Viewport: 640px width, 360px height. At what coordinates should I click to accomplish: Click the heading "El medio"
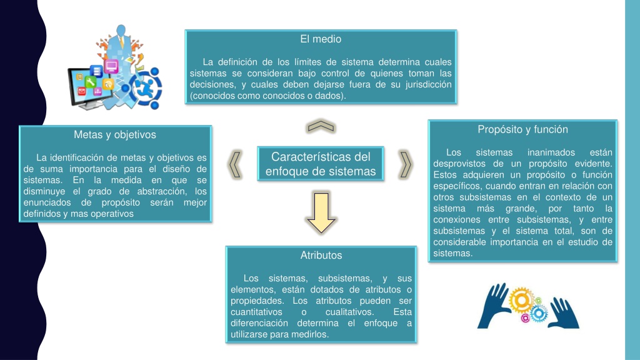pos(321,39)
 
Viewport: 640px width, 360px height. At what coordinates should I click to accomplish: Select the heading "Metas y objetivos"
pos(115,135)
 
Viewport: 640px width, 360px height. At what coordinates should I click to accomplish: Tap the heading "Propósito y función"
pos(522,129)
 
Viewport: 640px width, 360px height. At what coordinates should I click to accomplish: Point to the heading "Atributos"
pos(321,256)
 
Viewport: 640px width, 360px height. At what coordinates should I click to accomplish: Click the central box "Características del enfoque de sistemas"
pos(321,164)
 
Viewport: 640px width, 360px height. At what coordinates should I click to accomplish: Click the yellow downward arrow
pos(321,212)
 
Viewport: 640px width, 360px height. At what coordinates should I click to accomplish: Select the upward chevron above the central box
pos(321,126)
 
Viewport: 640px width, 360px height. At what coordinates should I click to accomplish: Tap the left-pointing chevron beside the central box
pos(235,164)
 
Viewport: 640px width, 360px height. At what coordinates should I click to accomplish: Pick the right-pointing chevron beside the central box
pos(405,164)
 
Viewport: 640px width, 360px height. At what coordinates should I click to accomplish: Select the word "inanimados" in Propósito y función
pos(551,152)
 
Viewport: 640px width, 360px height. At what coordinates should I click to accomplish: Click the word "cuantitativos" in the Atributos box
pos(256,312)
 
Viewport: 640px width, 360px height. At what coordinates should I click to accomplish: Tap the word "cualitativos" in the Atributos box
pos(349,312)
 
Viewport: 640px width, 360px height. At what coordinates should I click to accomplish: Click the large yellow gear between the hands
pos(521,300)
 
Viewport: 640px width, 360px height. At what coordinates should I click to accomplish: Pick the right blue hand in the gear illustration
pos(563,313)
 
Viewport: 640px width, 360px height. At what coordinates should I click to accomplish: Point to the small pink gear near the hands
pos(525,318)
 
